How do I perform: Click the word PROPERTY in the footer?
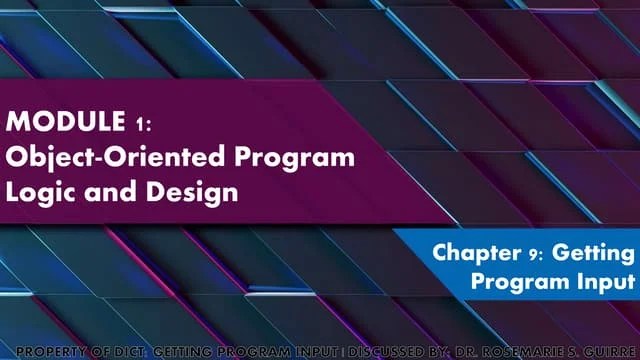tap(53, 352)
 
